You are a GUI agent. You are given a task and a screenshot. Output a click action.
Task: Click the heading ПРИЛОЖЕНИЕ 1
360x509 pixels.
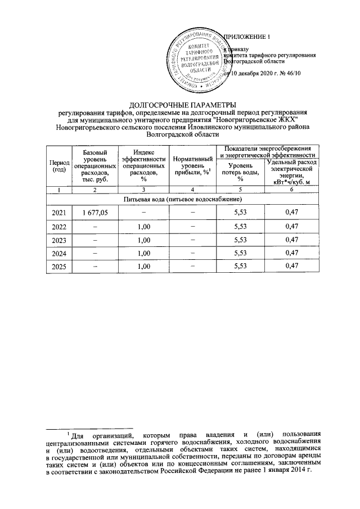(x=248, y=37)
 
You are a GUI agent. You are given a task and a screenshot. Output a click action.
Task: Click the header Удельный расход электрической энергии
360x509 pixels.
(x=291, y=171)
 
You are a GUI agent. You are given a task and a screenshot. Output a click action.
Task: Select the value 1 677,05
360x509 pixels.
(x=95, y=212)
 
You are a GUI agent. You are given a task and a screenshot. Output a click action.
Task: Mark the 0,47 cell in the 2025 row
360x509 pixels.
(x=291, y=266)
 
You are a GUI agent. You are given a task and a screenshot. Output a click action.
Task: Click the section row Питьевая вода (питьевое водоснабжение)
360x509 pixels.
(x=179, y=200)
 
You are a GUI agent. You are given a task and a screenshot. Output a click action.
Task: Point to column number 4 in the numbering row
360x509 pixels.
(x=192, y=190)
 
